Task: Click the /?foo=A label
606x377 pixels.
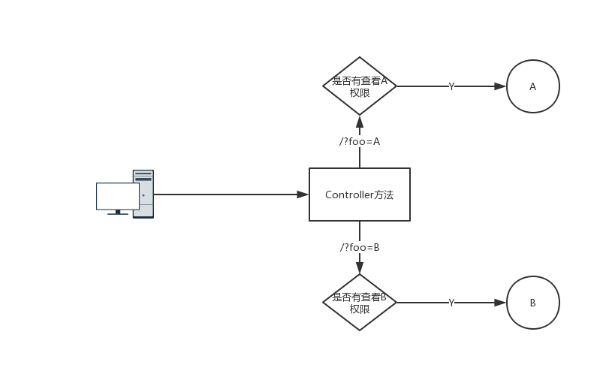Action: [360, 141]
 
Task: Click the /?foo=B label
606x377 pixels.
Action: [360, 247]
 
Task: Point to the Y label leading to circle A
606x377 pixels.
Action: [451, 86]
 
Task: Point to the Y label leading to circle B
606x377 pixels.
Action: [451, 303]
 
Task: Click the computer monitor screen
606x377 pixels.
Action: [118, 197]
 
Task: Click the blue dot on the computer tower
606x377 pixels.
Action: [143, 195]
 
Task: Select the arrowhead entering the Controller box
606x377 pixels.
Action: [303, 195]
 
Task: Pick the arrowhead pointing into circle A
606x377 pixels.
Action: [500, 86]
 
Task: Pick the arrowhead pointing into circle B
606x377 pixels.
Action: [500, 303]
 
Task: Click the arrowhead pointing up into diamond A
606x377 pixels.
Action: [360, 122]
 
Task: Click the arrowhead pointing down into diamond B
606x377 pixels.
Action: [360, 267]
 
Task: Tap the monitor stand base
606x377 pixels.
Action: [118, 213]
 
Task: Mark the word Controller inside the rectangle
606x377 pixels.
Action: [346, 195]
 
